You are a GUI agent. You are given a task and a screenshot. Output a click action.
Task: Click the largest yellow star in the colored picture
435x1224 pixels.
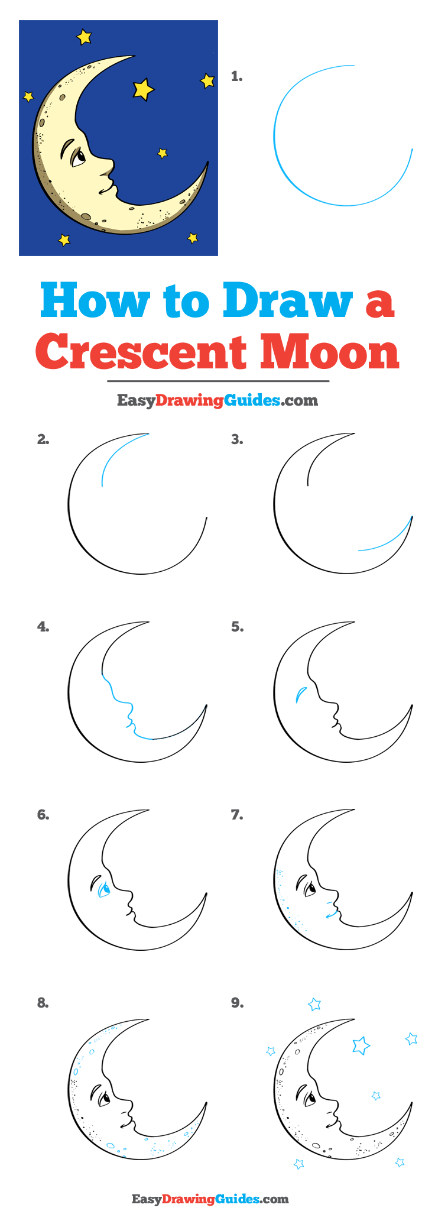click(x=143, y=89)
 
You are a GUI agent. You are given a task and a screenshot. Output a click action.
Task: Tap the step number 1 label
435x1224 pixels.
click(x=237, y=76)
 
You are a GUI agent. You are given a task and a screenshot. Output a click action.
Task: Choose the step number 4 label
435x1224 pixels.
click(x=43, y=626)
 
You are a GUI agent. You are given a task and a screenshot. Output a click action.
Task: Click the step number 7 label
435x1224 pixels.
click(x=237, y=815)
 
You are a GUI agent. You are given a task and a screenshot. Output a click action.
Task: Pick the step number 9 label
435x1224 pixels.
click(x=237, y=1003)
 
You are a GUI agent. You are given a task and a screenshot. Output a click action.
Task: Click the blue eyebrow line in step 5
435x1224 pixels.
click(x=300, y=693)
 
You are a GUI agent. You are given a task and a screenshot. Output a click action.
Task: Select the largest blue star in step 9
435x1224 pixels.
click(x=360, y=1045)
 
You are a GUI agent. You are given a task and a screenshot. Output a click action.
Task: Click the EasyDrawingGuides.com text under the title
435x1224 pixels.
click(x=217, y=400)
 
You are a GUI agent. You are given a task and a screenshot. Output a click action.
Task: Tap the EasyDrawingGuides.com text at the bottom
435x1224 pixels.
click(x=210, y=1199)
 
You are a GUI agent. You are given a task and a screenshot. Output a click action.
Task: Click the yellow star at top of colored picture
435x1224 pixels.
click(x=85, y=37)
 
